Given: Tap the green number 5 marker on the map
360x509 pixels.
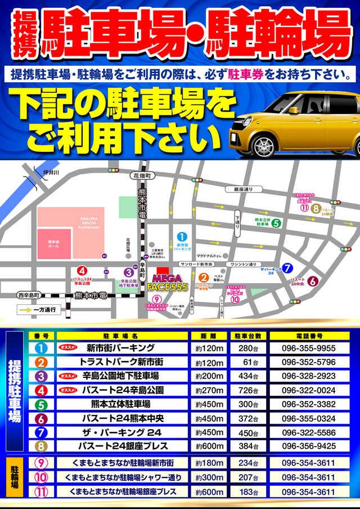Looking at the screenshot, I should pos(276,222).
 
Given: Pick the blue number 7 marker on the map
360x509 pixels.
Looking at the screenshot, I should pos(288,268).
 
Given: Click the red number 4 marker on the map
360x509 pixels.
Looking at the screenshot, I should pos(83,271).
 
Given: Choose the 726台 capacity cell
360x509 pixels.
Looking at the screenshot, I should pos(247,390).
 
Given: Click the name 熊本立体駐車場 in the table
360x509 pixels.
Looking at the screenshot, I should pos(120,404).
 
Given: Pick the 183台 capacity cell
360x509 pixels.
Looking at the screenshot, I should pos(247,491).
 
